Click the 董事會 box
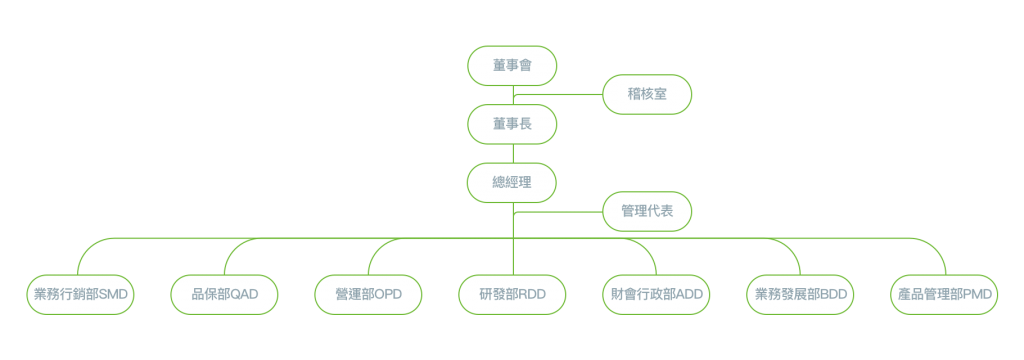(512, 66)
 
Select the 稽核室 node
(647, 95)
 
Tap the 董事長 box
(512, 124)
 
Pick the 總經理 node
(512, 182)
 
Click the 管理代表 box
(647, 211)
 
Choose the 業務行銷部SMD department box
(80, 295)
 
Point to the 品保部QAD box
(225, 295)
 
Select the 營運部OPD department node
(368, 295)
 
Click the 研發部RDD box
(512, 295)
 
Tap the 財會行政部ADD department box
(656, 295)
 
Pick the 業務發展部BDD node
(800, 295)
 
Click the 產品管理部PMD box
(944, 295)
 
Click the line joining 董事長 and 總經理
(513, 154)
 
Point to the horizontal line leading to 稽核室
(558, 95)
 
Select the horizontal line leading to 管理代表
(558, 212)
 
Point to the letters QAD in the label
(246, 295)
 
